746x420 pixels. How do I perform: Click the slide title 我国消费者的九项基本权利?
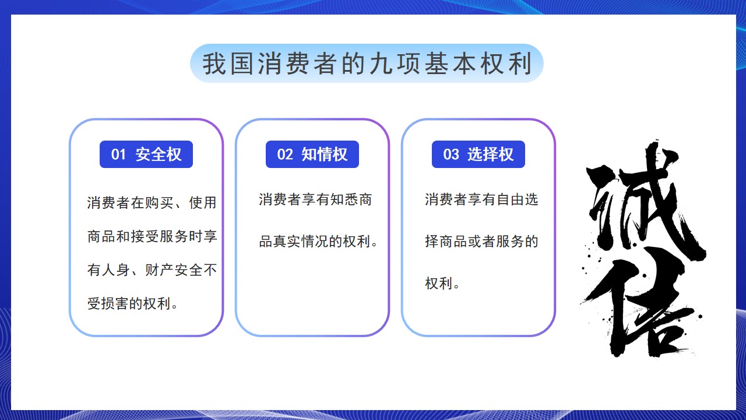pyautogui.click(x=367, y=64)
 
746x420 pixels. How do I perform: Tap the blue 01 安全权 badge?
pyautogui.click(x=146, y=155)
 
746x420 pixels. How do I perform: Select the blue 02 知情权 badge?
pyautogui.click(x=312, y=155)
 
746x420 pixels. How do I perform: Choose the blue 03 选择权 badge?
pyautogui.click(x=478, y=155)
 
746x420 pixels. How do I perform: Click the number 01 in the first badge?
pyautogui.click(x=118, y=155)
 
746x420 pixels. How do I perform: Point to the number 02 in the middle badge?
pyautogui.click(x=285, y=155)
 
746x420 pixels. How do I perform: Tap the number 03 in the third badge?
pyautogui.click(x=451, y=155)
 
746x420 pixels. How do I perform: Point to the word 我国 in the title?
pyautogui.click(x=227, y=64)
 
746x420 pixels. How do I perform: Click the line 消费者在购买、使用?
pyautogui.click(x=152, y=202)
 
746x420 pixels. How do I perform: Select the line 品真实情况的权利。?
pyautogui.click(x=318, y=242)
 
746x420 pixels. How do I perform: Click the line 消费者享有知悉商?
pyautogui.click(x=315, y=199)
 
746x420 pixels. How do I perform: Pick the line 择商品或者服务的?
pyautogui.click(x=481, y=242)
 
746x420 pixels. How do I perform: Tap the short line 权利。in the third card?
pyautogui.click(x=442, y=283)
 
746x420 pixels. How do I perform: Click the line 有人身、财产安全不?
pyautogui.click(x=152, y=269)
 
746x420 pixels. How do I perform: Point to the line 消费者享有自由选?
pyautogui.click(x=481, y=199)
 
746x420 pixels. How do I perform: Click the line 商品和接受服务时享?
pyautogui.click(x=152, y=236)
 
